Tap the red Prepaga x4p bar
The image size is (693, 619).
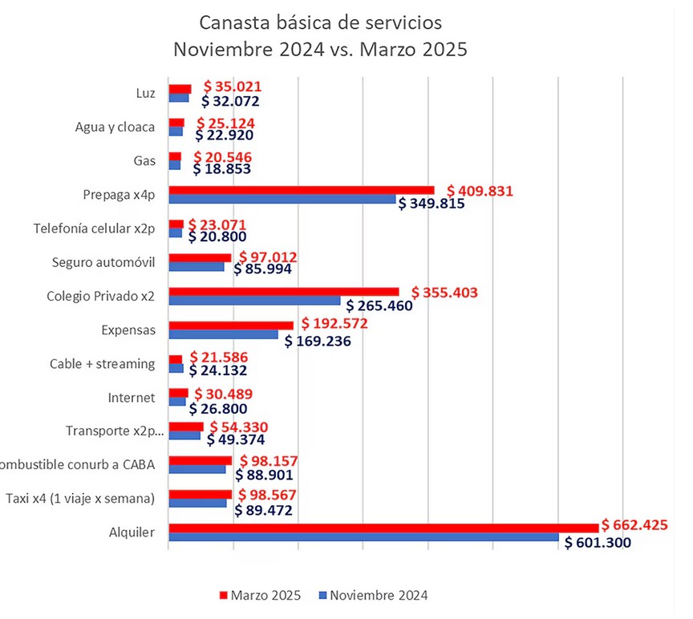click(302, 190)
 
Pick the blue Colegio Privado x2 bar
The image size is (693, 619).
click(254, 301)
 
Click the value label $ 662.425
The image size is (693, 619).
click(640, 526)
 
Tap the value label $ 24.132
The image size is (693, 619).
click(217, 370)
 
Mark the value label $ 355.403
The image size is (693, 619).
click(444, 293)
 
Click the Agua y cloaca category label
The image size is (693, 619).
click(115, 127)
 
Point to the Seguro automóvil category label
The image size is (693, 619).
click(103, 262)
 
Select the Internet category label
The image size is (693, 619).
click(131, 397)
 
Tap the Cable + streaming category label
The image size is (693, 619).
click(102, 363)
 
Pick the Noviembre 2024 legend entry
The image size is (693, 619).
click(373, 595)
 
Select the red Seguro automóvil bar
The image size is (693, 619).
click(200, 257)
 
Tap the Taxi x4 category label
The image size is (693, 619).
click(79, 498)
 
